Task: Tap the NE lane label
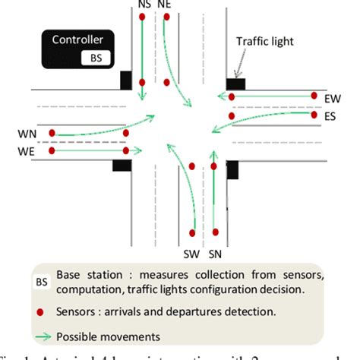[x=165, y=4]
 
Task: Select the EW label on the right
[x=332, y=99]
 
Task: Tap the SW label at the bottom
[x=193, y=250]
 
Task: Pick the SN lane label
[x=216, y=250]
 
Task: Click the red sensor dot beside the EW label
[x=314, y=96]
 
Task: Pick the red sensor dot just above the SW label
[x=193, y=232]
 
